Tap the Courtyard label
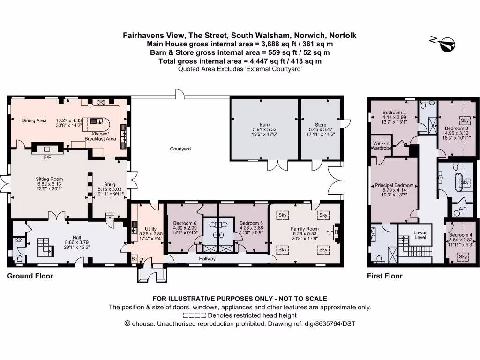pos(180,149)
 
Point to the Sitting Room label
pos(49,179)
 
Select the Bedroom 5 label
pos(248,223)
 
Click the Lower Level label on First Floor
pos(420,234)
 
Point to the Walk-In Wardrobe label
pos(382,145)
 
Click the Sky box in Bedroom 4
pos(463,256)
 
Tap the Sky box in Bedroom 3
pos(465,120)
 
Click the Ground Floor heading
pos(30,276)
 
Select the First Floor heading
pos(384,276)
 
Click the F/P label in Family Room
pos(330,232)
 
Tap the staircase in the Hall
pos(45,246)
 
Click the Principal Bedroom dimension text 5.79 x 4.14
pos(394,190)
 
